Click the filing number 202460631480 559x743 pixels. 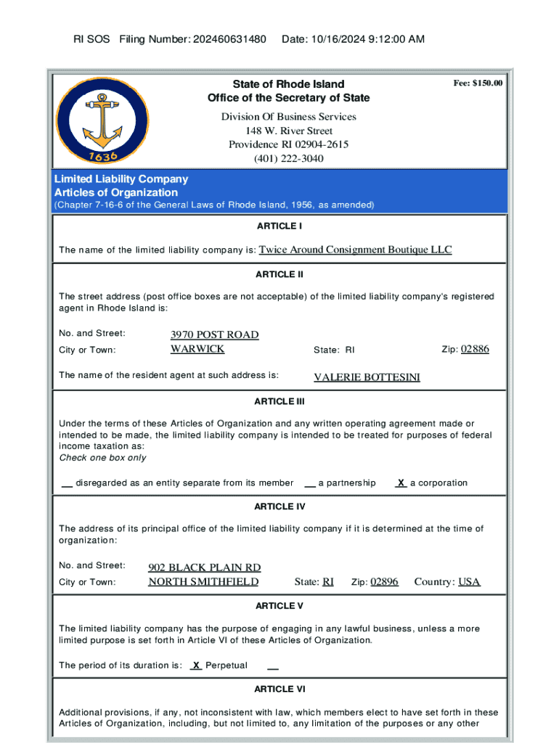point(229,38)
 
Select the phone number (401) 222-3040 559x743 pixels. point(289,158)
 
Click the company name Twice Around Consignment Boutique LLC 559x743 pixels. point(355,250)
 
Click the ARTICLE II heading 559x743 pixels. point(279,274)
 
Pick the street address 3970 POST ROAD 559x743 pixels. point(214,334)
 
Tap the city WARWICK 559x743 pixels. point(197,349)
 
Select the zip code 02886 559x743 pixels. point(476,349)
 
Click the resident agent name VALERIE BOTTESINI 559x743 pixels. point(367,377)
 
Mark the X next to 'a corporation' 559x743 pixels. point(400,483)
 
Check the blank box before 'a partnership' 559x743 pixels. point(310,483)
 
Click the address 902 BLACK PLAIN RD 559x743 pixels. point(205,567)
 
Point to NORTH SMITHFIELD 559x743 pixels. point(203,582)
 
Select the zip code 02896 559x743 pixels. point(384,582)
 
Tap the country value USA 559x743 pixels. point(469,582)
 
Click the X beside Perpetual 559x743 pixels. point(195,665)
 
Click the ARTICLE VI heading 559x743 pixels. point(279,689)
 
